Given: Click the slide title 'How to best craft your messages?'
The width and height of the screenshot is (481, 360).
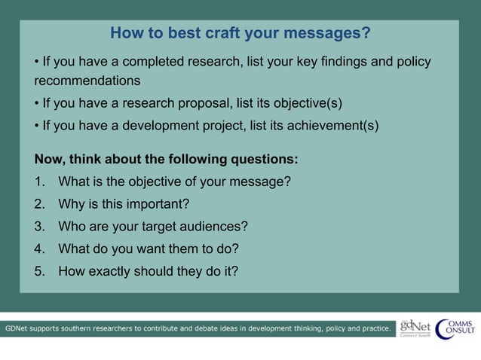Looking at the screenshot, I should coord(240,33).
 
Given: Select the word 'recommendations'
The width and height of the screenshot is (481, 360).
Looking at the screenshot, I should coord(87,80).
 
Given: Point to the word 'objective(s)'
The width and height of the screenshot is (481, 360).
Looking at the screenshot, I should coord(307,102).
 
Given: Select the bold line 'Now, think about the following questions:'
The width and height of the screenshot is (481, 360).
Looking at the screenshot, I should coord(166,159).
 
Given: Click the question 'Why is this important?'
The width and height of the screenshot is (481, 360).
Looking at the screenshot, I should coord(123,204).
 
